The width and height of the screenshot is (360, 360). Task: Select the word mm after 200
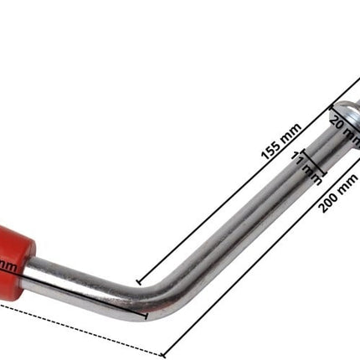pos(348,182)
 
